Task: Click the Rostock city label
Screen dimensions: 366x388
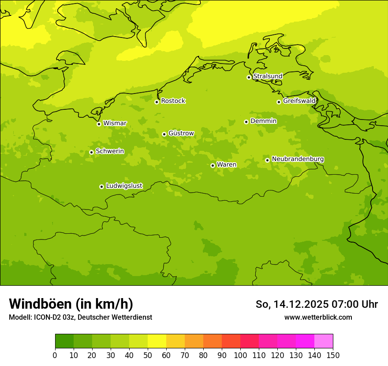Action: click(173, 101)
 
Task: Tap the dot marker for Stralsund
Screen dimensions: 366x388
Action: click(249, 77)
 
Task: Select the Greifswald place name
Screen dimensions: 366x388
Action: click(299, 101)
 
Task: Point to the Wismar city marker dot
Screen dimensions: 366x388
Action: click(99, 124)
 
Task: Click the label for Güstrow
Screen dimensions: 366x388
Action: click(181, 133)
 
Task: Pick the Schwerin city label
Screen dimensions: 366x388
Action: click(110, 151)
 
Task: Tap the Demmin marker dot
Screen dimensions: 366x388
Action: click(246, 122)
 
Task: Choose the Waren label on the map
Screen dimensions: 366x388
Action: click(227, 165)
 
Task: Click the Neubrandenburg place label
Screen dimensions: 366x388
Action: click(298, 159)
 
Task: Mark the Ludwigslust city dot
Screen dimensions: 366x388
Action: click(101, 187)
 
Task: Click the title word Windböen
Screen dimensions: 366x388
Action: click(40, 304)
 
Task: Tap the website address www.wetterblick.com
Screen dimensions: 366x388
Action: click(318, 317)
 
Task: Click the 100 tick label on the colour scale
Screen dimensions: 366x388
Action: click(240, 355)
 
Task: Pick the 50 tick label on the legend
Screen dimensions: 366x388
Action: click(148, 355)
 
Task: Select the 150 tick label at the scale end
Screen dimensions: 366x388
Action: click(333, 355)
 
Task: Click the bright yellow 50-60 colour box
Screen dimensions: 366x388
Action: click(157, 341)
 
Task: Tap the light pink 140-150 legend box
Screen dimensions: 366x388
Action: click(324, 341)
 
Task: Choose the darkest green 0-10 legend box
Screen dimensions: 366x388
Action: click(64, 341)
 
